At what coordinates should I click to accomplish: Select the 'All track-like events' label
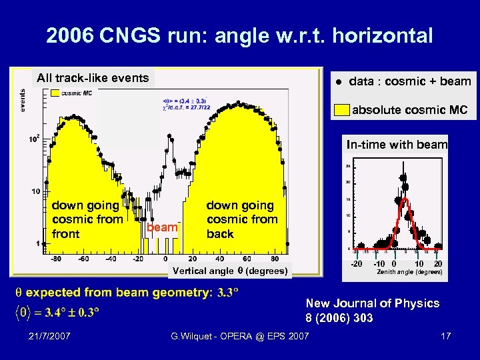(93, 78)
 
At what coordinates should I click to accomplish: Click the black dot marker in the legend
(339, 82)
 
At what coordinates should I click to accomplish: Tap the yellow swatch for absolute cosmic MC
(341, 110)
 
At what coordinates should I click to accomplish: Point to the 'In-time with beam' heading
(397, 145)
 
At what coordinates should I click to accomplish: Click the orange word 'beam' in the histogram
(163, 227)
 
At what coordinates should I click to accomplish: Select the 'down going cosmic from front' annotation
(87, 219)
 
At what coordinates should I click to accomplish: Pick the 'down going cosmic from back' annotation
(240, 219)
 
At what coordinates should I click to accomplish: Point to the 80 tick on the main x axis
(275, 258)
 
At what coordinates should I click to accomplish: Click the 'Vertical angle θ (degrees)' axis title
(230, 271)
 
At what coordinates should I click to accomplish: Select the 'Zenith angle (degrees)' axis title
(409, 272)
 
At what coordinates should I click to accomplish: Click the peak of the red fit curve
(402, 200)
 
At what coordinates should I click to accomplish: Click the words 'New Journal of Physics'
(373, 303)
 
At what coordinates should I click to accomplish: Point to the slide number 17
(445, 336)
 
